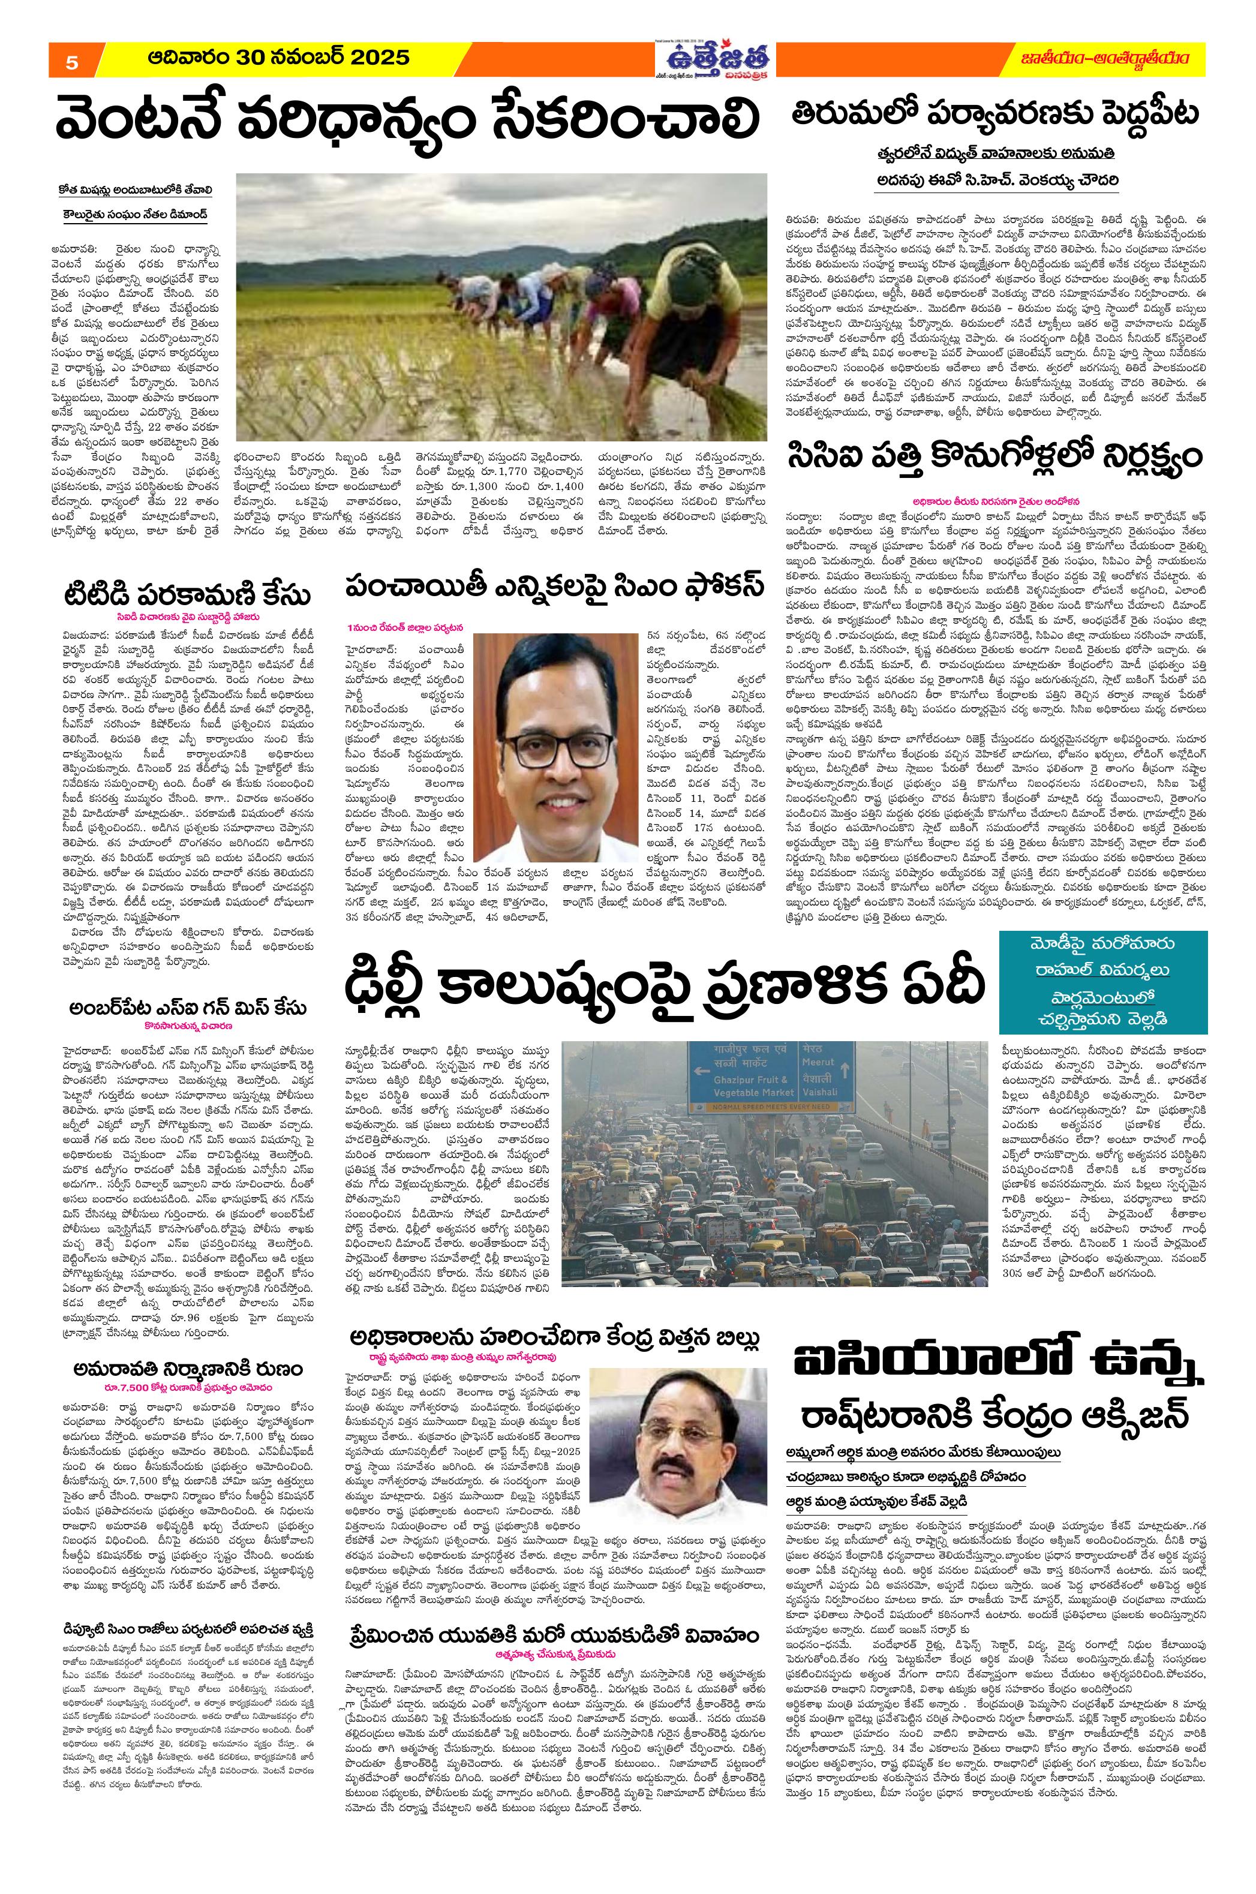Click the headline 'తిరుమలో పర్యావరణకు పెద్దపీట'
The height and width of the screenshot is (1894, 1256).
[x=994, y=115]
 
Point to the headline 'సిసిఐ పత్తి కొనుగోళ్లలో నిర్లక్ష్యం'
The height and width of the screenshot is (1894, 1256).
[x=994, y=458]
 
